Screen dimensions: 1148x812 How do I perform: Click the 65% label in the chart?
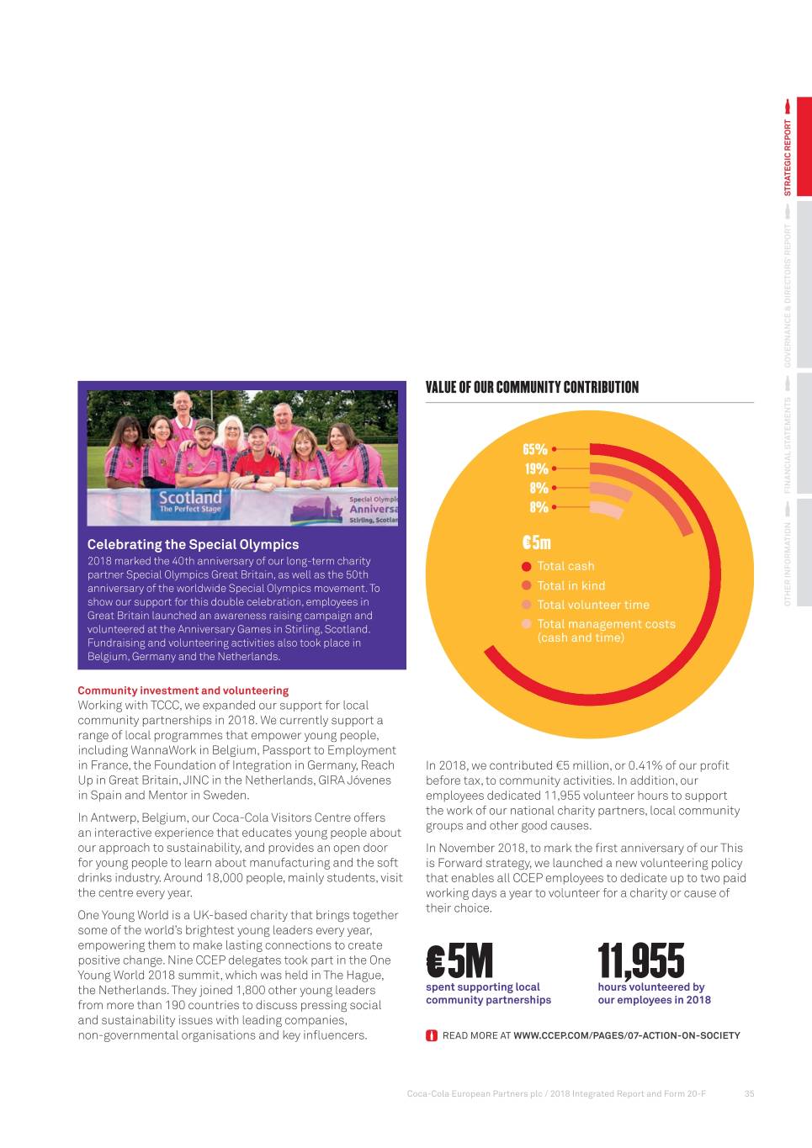point(535,450)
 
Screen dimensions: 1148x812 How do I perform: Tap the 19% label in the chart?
point(536,469)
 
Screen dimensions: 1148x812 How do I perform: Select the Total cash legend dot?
point(527,567)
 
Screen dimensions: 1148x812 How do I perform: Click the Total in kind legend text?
point(571,586)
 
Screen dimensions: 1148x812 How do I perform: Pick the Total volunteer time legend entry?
point(592,606)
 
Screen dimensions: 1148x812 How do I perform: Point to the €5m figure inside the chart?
point(536,542)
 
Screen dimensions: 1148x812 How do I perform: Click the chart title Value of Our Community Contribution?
point(532,388)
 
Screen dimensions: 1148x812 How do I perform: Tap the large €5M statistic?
point(459,960)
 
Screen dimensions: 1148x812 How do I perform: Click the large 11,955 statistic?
point(641,960)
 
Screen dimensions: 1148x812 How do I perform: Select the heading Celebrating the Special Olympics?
point(193,545)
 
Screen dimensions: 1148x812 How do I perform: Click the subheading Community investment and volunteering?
point(183,690)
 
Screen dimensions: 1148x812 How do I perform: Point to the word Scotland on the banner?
point(191,497)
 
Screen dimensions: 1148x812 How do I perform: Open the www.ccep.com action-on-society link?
point(626,1035)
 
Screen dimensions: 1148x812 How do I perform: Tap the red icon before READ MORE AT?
point(432,1035)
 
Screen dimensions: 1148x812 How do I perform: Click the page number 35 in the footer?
point(749,1094)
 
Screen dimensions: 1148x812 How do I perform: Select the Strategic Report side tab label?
point(788,157)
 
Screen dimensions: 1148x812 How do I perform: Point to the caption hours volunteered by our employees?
point(654,993)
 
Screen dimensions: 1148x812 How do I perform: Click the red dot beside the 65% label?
point(555,450)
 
